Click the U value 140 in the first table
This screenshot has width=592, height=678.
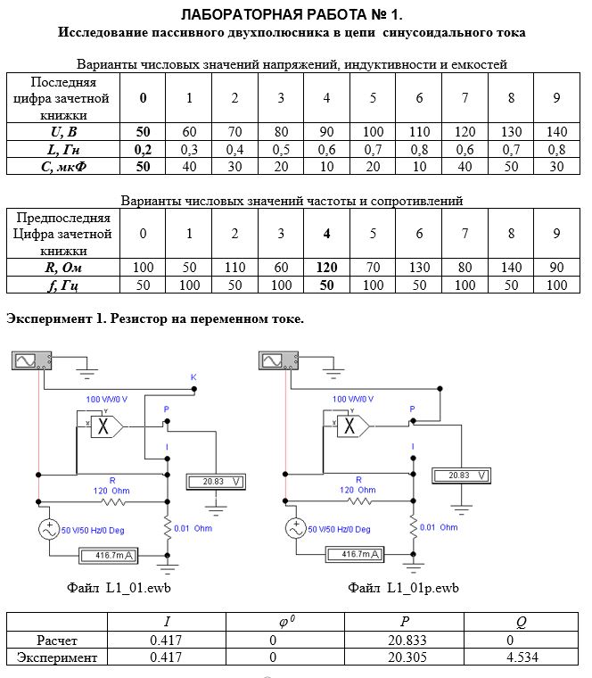[x=556, y=131]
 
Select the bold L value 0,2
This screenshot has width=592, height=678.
[x=143, y=150]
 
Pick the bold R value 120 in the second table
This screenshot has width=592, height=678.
[x=326, y=268]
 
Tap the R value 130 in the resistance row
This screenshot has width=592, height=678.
[x=419, y=268]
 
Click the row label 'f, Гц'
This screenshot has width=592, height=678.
[x=63, y=285]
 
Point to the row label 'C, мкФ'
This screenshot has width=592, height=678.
[x=63, y=167]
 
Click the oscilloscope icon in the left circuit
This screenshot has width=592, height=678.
[x=31, y=360]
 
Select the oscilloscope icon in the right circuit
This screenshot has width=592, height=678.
[x=278, y=360]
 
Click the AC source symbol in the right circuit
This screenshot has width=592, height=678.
[x=296, y=528]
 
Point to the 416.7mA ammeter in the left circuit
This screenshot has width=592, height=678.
[x=109, y=555]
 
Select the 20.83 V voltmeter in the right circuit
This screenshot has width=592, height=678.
[x=462, y=475]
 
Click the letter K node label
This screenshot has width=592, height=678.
[x=193, y=377]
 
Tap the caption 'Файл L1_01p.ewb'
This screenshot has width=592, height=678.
[x=403, y=588]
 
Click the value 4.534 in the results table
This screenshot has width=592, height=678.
[x=522, y=657]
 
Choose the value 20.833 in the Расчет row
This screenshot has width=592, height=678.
[x=407, y=640]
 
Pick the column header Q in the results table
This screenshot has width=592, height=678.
[x=522, y=622]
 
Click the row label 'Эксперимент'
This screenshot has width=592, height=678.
[x=56, y=657]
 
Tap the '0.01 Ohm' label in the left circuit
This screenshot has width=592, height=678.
[x=193, y=528]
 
